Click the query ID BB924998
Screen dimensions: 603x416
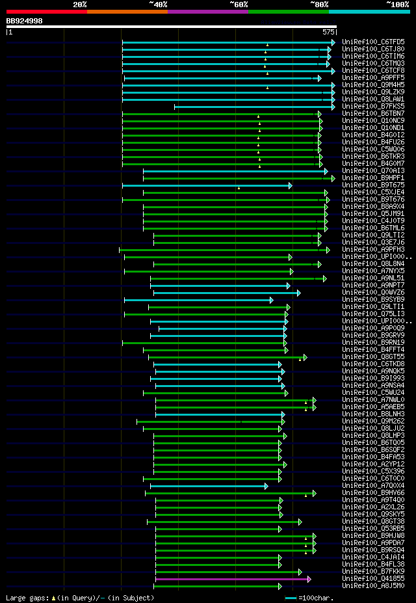click(24, 21)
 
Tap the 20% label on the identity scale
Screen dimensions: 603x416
click(80, 5)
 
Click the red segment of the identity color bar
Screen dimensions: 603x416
click(46, 12)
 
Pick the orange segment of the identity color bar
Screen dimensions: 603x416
click(127, 12)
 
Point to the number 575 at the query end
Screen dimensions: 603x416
click(328, 31)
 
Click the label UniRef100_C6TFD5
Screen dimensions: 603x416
click(372, 42)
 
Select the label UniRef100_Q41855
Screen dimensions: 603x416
click(372, 579)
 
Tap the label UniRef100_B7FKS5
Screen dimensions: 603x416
click(372, 106)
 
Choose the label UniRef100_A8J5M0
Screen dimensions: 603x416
click(372, 586)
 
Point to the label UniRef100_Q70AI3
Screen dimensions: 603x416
click(372, 171)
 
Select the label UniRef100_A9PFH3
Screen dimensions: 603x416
click(372, 249)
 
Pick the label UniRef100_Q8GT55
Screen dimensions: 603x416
click(372, 356)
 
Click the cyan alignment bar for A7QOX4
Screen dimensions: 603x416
click(208, 486)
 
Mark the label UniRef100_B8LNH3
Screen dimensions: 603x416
click(372, 414)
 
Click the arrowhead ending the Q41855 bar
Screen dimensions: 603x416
click(309, 579)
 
